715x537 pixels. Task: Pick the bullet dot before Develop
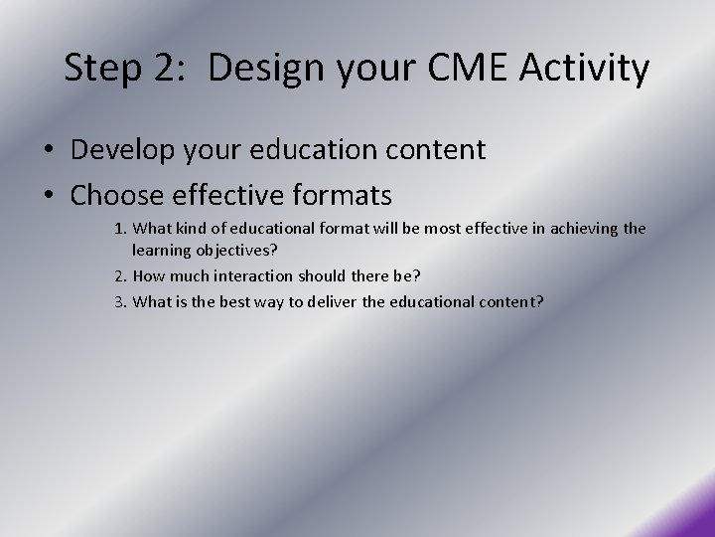coord(49,151)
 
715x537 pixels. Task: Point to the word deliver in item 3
coord(349,299)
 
